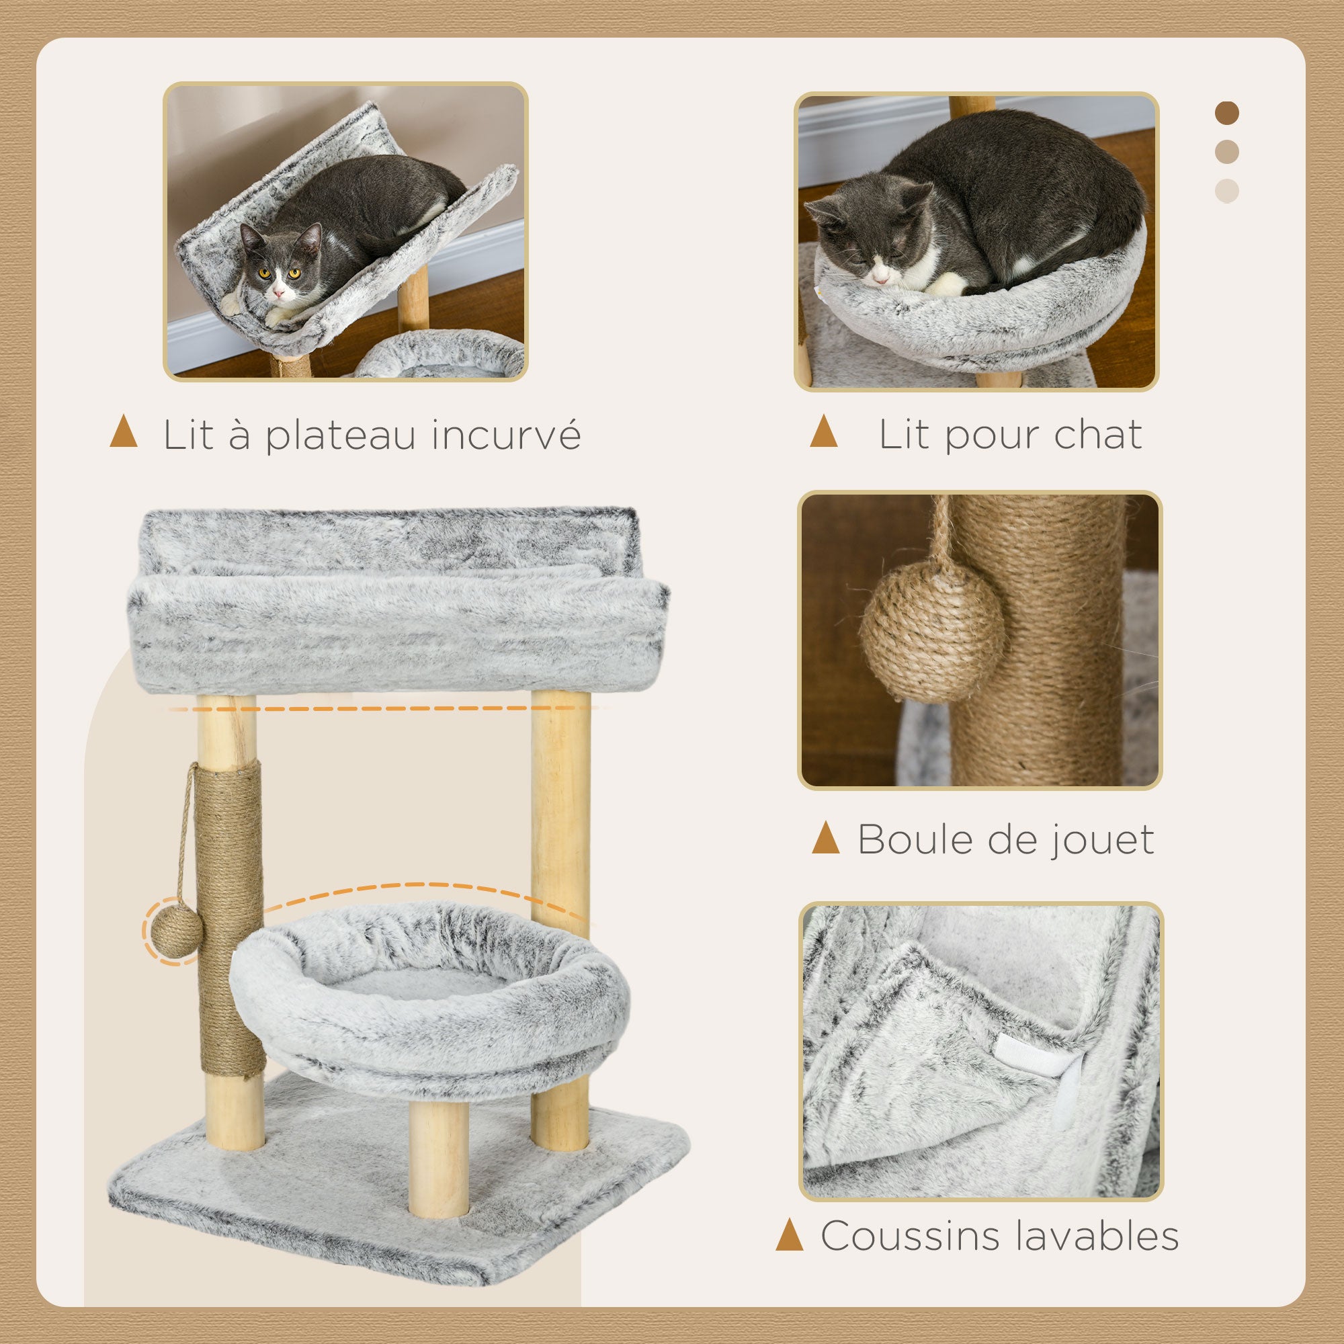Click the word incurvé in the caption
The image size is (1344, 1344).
[506, 435]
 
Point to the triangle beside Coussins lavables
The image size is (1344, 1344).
[790, 1236]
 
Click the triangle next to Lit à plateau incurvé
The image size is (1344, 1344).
[124, 431]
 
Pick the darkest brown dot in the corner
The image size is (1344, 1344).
[1227, 114]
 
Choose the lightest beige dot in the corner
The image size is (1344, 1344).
[1227, 191]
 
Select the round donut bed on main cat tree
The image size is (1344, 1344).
[430, 1002]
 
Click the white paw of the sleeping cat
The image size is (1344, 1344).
[946, 283]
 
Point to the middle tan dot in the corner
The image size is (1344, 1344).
[1227, 152]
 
